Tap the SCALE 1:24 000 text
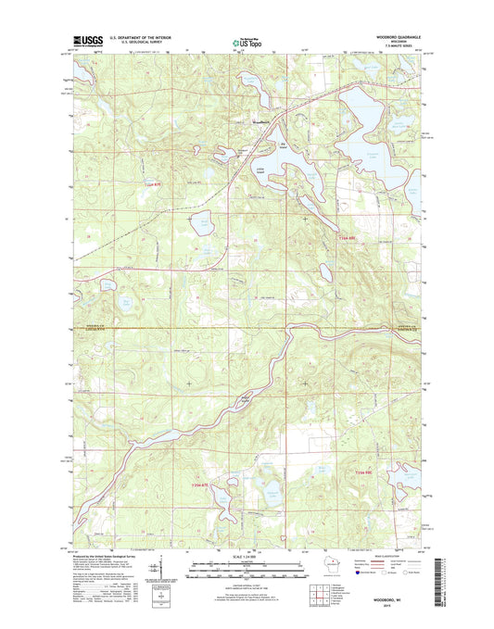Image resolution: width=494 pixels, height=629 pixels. [x=246, y=556]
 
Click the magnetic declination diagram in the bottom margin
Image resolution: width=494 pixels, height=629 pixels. [x=163, y=566]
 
